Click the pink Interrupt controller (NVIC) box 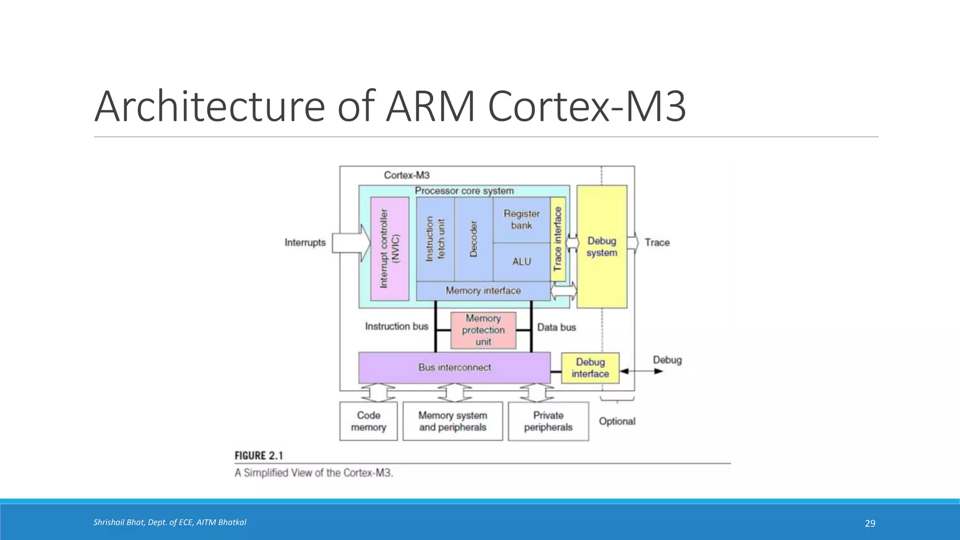(x=390, y=248)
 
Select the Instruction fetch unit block (x=435, y=239)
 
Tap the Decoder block (x=473, y=239)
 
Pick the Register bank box (x=521, y=219)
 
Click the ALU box (x=521, y=262)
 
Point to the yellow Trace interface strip (x=557, y=239)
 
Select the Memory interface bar (x=483, y=291)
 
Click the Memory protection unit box (x=483, y=330)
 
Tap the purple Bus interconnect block (x=454, y=367)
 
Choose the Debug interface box (x=590, y=368)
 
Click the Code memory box (x=368, y=421)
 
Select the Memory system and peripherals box (x=452, y=421)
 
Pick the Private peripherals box (x=548, y=421)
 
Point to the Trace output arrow (x=632, y=243)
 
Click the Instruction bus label (x=397, y=326)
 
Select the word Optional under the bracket (x=617, y=421)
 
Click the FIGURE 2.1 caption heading (x=259, y=456)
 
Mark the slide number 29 (x=870, y=524)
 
